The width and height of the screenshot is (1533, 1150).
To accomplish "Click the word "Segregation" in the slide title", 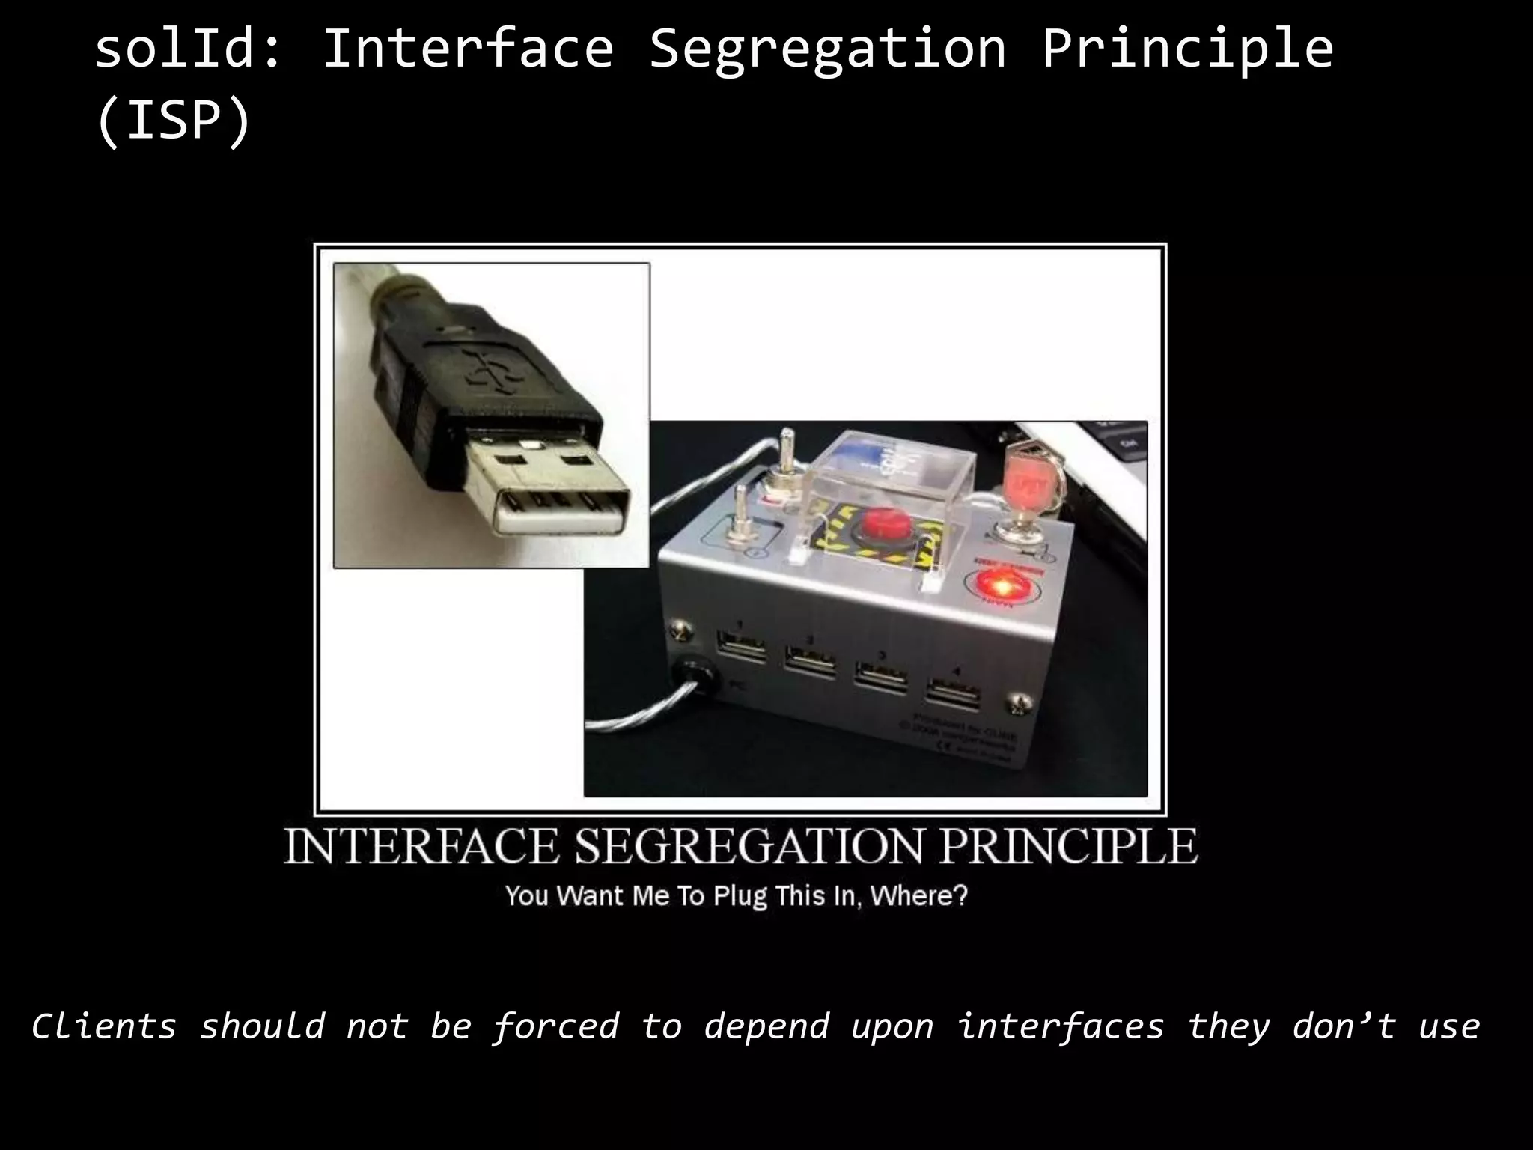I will [827, 49].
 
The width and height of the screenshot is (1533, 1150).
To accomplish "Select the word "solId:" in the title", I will [188, 49].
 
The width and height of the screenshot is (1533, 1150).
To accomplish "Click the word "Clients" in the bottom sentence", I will [104, 1026].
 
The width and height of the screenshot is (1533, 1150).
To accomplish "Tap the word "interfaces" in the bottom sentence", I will [1061, 1026].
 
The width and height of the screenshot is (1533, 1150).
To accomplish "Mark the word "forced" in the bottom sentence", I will [556, 1026].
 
